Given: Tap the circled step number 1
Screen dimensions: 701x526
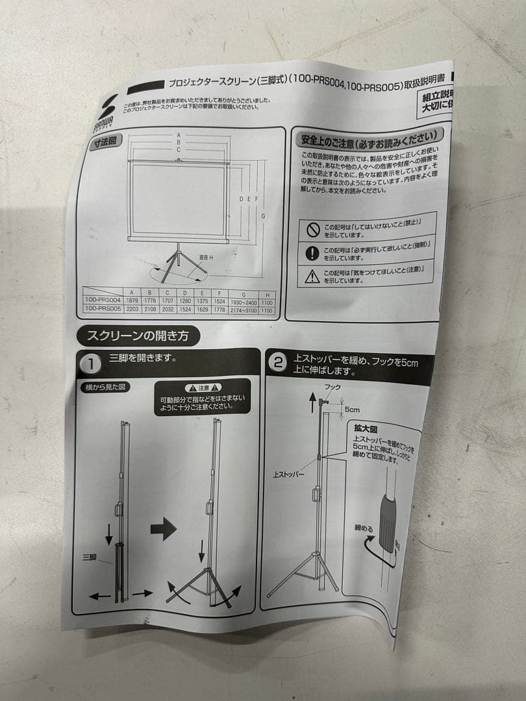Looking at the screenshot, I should click(x=93, y=364).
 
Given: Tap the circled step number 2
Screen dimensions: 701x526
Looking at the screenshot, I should click(x=278, y=362).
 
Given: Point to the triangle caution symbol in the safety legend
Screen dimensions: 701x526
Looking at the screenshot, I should click(x=312, y=277).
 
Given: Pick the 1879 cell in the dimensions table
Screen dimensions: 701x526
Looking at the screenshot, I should click(x=132, y=301).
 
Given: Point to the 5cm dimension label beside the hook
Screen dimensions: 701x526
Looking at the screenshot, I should click(x=353, y=410).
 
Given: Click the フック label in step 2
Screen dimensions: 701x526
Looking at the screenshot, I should click(x=332, y=387).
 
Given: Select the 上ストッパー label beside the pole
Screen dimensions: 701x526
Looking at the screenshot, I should click(x=289, y=474).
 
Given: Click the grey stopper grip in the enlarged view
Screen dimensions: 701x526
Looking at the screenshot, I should click(x=389, y=520).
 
